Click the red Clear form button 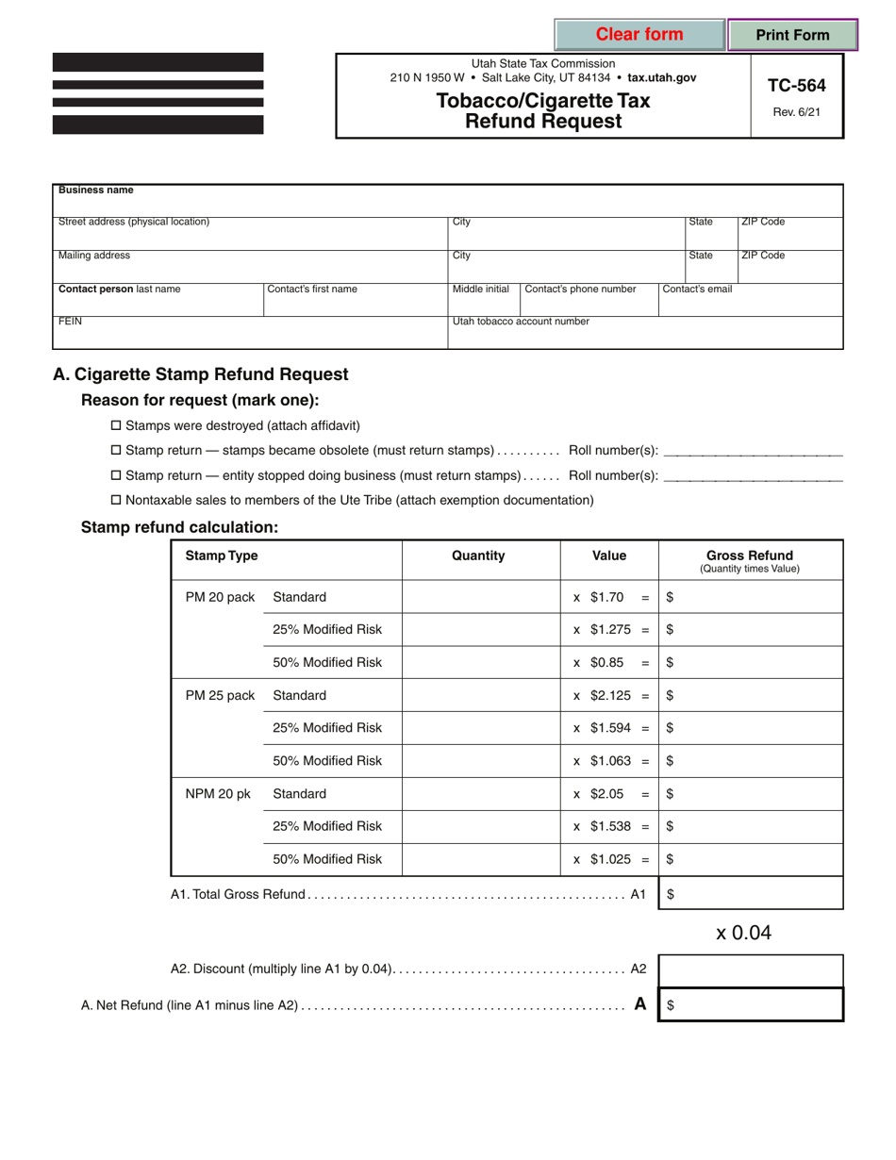(639, 35)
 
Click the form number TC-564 (796, 86)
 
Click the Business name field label (96, 190)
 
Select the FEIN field (250, 333)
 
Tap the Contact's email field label (698, 290)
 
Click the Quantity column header (479, 556)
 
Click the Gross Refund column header (749, 555)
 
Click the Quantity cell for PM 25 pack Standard (481, 696)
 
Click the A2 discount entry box (750, 969)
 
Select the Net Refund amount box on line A (750, 1005)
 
